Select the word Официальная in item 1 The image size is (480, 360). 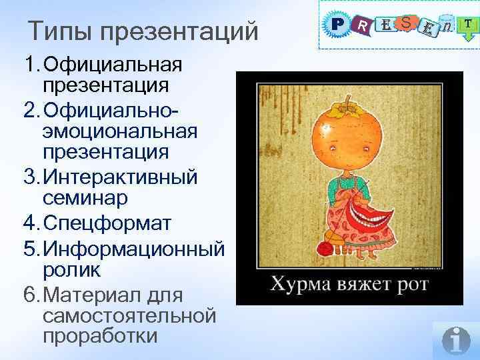[111, 65]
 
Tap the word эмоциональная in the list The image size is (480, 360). [120, 131]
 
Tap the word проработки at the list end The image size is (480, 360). [99, 335]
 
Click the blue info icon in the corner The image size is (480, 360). [457, 340]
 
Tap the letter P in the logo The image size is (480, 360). [336, 25]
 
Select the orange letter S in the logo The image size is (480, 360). [406, 23]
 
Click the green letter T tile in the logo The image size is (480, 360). [469, 24]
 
